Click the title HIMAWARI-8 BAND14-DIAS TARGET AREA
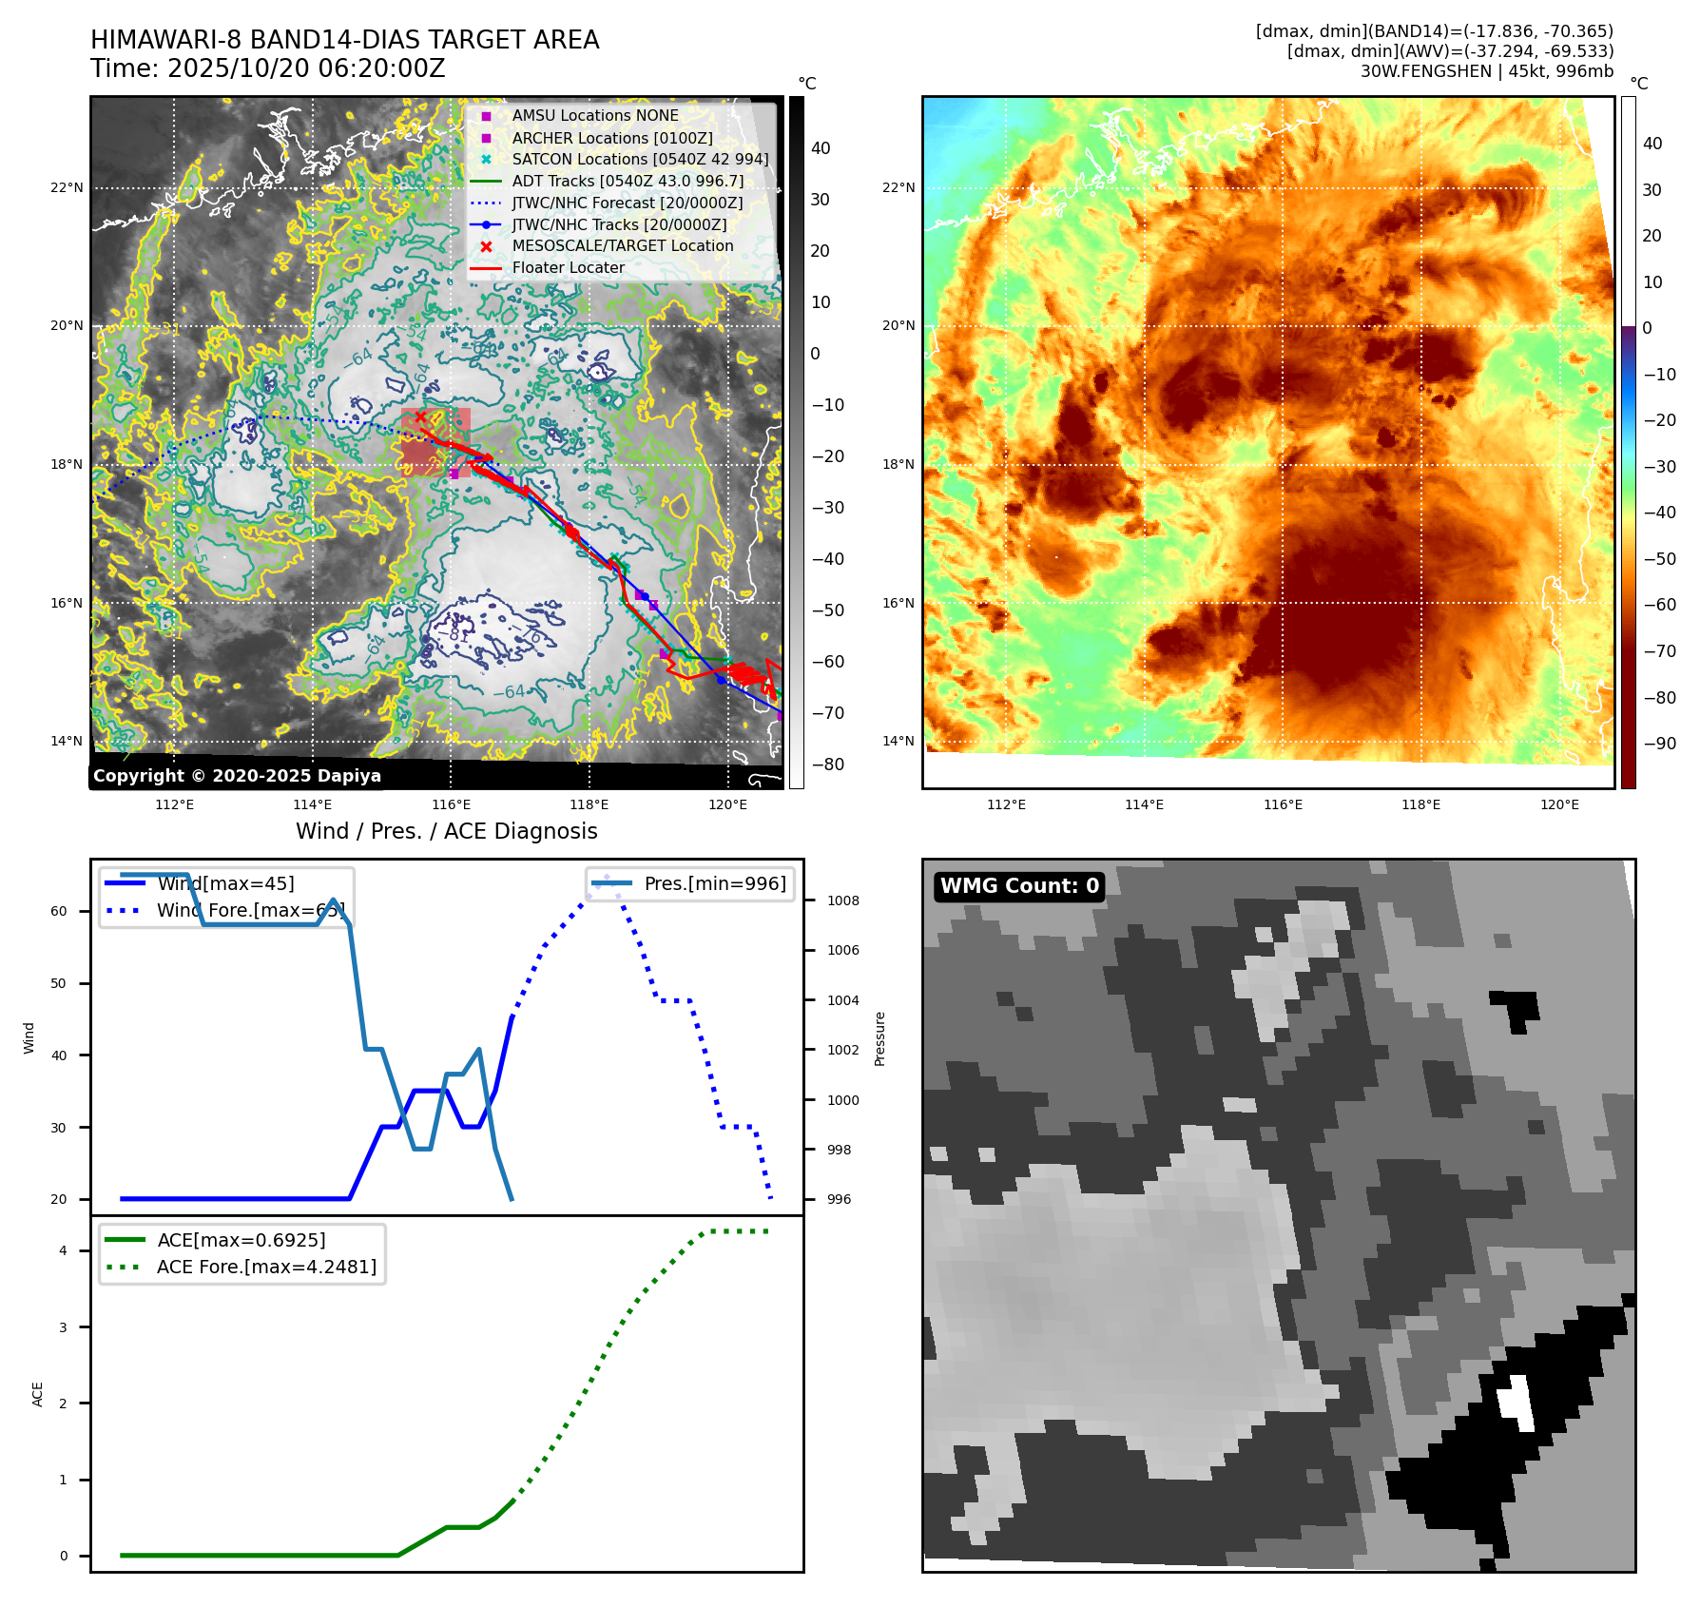344,40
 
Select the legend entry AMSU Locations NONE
594,115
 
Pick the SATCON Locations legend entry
639,159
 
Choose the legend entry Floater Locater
568,267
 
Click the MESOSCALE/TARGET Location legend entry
622,245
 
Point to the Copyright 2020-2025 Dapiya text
237,775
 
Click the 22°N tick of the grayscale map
67,187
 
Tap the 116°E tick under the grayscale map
451,804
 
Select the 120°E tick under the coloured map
1559,804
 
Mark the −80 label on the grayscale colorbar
827,764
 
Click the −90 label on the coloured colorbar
1660,743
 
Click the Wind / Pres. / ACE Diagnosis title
446,831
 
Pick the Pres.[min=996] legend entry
714,883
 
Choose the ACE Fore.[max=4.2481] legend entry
266,1267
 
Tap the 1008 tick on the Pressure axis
842,900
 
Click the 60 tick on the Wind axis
59,911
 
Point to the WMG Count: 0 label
1019,885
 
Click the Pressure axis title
879,1038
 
